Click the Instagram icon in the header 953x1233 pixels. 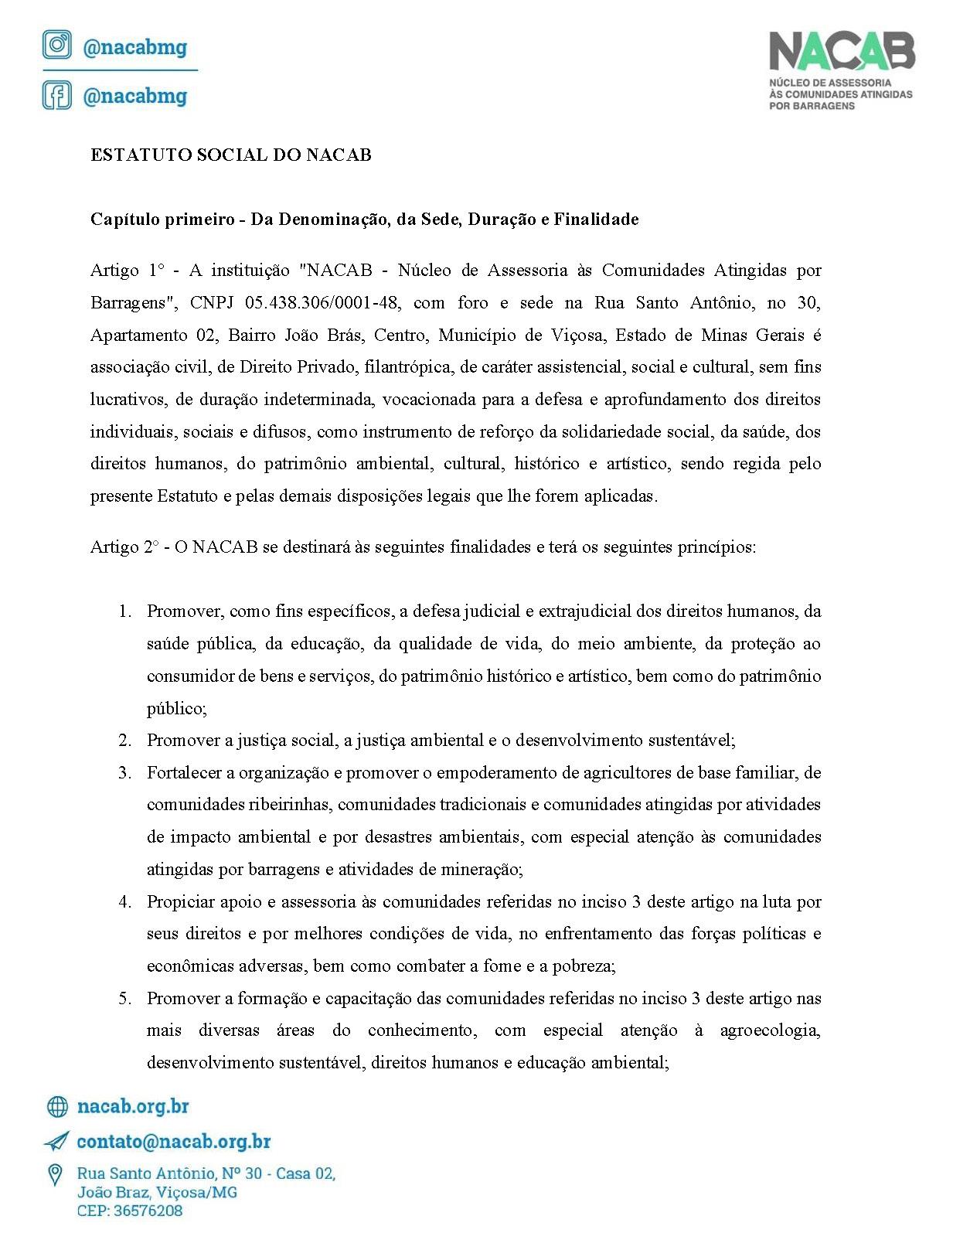[56, 46]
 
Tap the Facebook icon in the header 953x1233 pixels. [56, 95]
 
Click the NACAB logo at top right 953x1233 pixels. [841, 70]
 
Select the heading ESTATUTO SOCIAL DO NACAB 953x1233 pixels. [230, 155]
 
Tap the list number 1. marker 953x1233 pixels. [124, 611]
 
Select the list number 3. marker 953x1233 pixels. [124, 772]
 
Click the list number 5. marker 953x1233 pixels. [124, 998]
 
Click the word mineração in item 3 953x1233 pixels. [482, 869]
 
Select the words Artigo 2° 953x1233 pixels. [124, 547]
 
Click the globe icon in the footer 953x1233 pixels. [57, 1107]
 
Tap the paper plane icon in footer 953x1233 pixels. [56, 1141]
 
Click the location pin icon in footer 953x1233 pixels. [56, 1175]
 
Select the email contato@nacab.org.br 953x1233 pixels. [173, 1141]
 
